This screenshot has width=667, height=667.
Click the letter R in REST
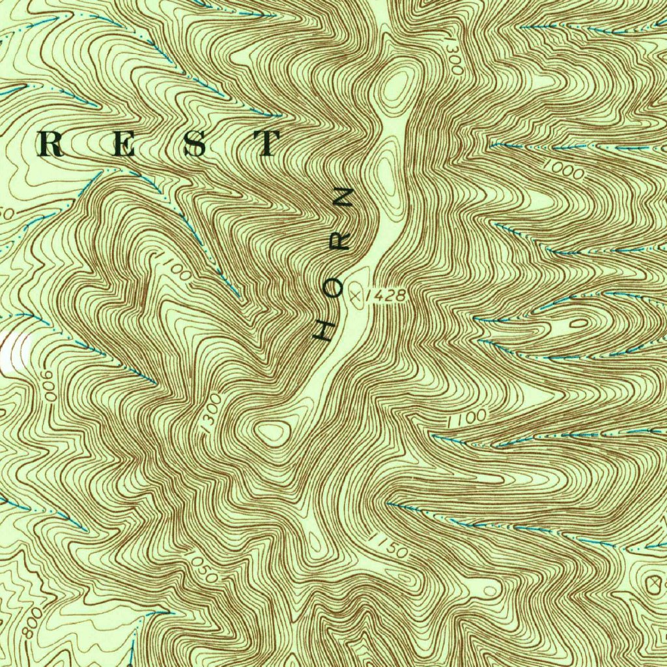52,144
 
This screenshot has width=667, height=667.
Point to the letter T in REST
267,144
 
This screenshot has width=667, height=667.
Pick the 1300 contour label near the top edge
453,55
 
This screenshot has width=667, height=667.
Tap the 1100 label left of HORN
171,266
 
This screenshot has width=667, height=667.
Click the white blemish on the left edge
14,352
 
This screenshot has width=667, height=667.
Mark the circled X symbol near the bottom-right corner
655,583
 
